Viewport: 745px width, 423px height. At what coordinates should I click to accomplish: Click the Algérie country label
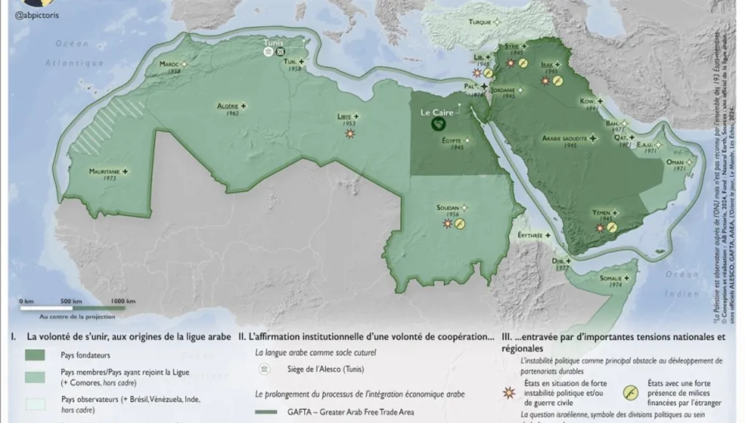tap(227, 106)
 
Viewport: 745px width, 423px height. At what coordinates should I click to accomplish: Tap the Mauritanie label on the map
tap(104, 171)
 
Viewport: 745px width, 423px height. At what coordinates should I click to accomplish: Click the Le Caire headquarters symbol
tap(439, 124)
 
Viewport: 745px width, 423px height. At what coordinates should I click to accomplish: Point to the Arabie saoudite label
tap(565, 137)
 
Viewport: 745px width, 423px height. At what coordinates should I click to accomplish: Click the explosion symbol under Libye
tap(350, 134)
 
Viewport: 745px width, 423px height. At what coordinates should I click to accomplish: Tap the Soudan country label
tap(447, 208)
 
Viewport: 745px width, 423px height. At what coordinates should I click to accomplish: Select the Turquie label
tap(479, 23)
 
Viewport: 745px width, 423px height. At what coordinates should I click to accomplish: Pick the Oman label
tap(675, 162)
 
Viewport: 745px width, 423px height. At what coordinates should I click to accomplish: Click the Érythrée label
tap(530, 235)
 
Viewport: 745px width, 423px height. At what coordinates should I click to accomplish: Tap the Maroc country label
tap(170, 64)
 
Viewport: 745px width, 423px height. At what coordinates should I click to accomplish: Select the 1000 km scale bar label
tap(123, 301)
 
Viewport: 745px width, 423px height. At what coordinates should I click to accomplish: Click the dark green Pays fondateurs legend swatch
tap(35, 355)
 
